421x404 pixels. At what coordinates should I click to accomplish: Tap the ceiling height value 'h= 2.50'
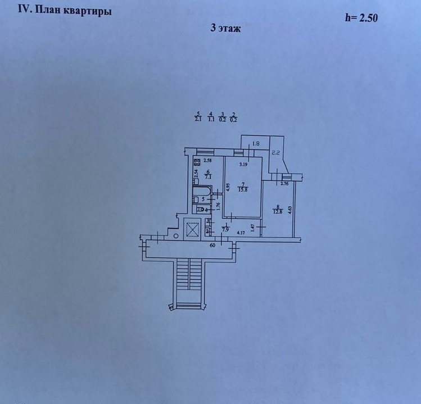pyautogui.click(x=361, y=17)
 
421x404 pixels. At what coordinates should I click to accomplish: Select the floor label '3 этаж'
pyautogui.click(x=226, y=28)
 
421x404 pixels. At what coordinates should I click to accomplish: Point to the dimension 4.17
pyautogui.click(x=242, y=233)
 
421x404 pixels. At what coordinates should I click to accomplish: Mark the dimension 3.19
pyautogui.click(x=243, y=164)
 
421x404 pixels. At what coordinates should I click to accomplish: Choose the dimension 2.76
pyautogui.click(x=284, y=184)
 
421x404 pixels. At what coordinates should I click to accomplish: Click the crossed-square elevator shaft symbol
pyautogui.click(x=193, y=229)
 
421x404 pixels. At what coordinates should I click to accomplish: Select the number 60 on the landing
pyautogui.click(x=213, y=246)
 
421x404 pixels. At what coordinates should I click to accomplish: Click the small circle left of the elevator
pyautogui.click(x=176, y=236)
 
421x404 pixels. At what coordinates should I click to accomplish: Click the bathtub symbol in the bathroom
pyautogui.click(x=201, y=197)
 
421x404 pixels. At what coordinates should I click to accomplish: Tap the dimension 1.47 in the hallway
pyautogui.click(x=253, y=227)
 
